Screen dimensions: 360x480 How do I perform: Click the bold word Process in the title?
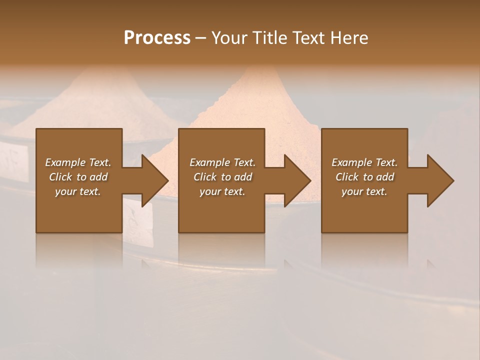click(157, 38)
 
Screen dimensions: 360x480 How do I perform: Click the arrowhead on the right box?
click(439, 180)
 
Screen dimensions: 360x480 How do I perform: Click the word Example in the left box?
click(64, 162)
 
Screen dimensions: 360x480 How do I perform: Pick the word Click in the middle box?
click(205, 177)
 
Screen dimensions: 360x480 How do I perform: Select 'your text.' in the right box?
click(364, 191)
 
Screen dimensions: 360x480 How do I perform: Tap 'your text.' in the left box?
click(78, 191)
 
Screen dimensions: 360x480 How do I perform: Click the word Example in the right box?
click(351, 162)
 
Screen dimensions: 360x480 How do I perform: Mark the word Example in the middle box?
click(209, 162)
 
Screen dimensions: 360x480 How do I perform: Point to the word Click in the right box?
click(347, 177)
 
